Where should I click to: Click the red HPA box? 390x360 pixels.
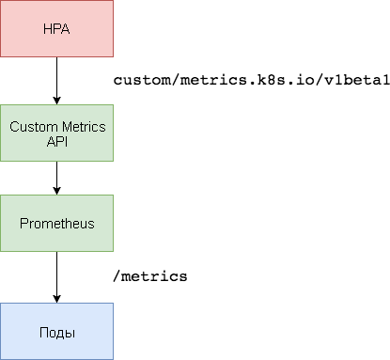[x=56, y=28]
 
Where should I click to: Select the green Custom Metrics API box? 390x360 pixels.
[x=56, y=133]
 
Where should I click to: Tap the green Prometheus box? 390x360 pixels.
[x=56, y=223]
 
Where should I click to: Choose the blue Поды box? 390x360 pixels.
[x=56, y=331]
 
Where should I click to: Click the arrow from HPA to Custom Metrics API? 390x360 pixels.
[x=56, y=80]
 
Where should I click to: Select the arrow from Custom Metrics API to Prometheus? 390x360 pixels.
[x=56, y=177]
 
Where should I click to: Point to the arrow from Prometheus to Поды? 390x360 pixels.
[x=56, y=276]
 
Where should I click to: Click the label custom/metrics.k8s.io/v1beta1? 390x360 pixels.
[x=251, y=80]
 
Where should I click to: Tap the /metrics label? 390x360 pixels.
[x=150, y=276]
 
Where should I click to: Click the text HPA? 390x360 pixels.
[x=56, y=28]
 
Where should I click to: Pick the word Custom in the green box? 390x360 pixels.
[x=32, y=126]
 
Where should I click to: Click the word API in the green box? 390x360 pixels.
[x=56, y=141]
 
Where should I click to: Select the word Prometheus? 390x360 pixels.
[x=56, y=224]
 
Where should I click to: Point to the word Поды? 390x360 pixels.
[x=56, y=332]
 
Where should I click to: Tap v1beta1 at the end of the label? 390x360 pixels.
[x=355, y=80]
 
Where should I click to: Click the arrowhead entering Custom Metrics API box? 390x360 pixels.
[x=56, y=100]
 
